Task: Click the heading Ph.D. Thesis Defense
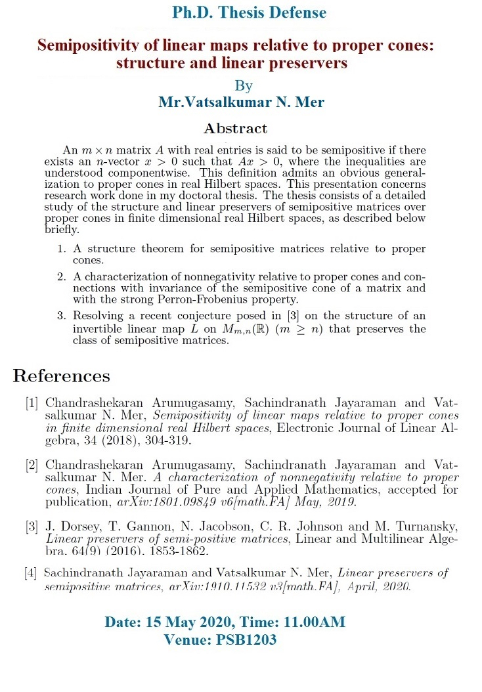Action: [x=249, y=12]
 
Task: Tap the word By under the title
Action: [x=243, y=86]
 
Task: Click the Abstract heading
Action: [x=236, y=128]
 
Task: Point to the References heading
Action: [x=62, y=376]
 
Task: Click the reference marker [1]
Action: [x=32, y=402]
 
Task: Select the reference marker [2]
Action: [x=32, y=465]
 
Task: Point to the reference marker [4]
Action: [x=32, y=573]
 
